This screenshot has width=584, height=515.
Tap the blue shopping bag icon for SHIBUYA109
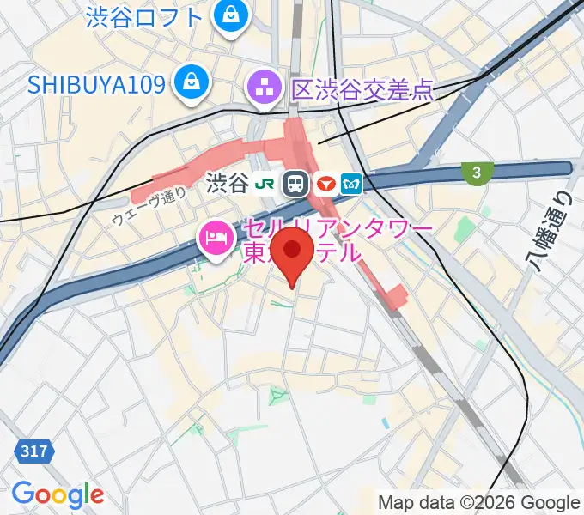point(186,82)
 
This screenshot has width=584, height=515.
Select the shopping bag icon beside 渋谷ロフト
point(230,14)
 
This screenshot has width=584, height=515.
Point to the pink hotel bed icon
point(212,238)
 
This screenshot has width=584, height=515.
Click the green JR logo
point(268,183)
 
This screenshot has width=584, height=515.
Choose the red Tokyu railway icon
point(325,183)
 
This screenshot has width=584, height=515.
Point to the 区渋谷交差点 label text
point(362,88)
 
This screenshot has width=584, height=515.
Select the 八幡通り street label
point(551,231)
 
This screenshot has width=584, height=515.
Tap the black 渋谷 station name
point(227,183)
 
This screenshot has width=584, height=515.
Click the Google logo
point(58,494)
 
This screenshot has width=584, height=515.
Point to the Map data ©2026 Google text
point(478,502)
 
